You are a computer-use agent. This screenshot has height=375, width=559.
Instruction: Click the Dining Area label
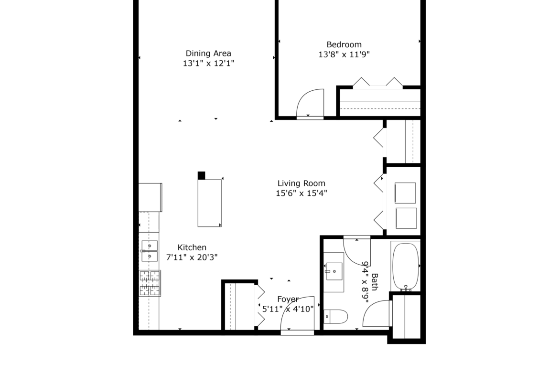click(x=208, y=54)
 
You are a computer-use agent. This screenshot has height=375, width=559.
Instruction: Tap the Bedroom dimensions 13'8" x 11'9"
click(x=344, y=54)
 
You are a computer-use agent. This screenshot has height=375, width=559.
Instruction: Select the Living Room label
click(x=301, y=183)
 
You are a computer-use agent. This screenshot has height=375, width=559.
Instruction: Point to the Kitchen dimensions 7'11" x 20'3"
click(x=192, y=257)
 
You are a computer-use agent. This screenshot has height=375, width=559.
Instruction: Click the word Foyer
click(x=288, y=300)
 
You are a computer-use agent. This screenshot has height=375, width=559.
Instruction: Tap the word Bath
click(x=375, y=282)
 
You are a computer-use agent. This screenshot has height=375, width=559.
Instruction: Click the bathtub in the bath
click(x=406, y=267)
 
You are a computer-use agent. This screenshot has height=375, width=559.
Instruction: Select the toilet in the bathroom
click(x=335, y=317)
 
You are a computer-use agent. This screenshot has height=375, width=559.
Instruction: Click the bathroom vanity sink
click(x=334, y=271)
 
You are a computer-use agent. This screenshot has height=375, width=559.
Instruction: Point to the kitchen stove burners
click(x=150, y=283)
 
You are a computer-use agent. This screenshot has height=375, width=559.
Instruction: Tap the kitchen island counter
click(x=210, y=203)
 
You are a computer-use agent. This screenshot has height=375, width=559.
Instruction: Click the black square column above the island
click(x=202, y=175)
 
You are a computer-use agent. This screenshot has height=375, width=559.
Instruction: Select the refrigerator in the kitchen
click(x=150, y=197)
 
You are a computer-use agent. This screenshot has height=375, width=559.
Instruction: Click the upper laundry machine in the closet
click(x=405, y=193)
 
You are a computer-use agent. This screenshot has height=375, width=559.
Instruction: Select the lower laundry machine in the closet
click(x=406, y=218)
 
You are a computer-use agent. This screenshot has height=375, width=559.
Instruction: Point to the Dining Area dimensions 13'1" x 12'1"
click(x=209, y=64)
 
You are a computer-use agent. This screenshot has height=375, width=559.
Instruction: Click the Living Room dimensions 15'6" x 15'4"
click(x=301, y=193)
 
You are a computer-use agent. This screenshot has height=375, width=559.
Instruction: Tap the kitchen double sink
click(x=150, y=251)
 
